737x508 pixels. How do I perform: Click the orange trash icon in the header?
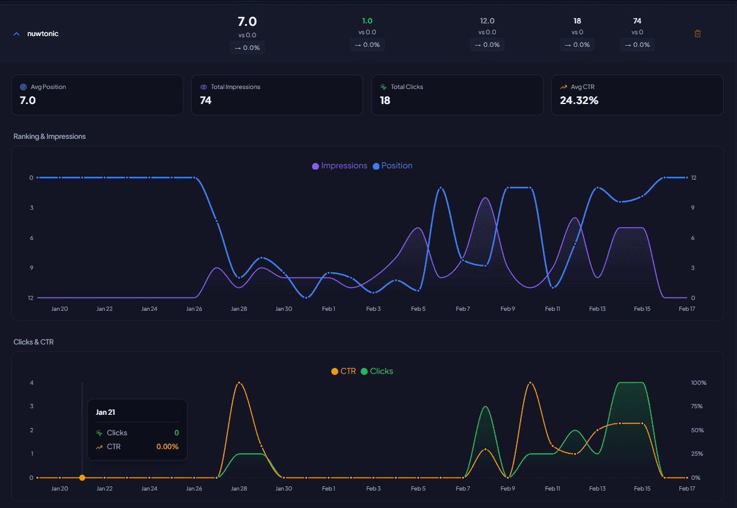pyautogui.click(x=697, y=34)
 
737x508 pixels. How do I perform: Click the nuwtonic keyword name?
pyautogui.click(x=43, y=34)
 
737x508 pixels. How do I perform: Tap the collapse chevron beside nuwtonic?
pyautogui.click(x=16, y=34)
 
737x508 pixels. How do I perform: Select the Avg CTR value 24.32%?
pyautogui.click(x=579, y=100)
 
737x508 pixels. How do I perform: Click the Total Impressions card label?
pyautogui.click(x=235, y=87)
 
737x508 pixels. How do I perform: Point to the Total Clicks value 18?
pyautogui.click(x=385, y=100)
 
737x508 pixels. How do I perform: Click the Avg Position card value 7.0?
pyautogui.click(x=28, y=100)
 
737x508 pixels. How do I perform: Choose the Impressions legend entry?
pyautogui.click(x=340, y=165)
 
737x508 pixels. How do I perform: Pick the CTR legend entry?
pyautogui.click(x=344, y=371)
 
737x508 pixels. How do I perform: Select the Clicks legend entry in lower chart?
pyautogui.click(x=377, y=371)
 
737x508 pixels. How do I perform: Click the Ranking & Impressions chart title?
pyautogui.click(x=49, y=136)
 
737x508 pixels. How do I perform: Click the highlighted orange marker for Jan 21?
pyautogui.click(x=82, y=478)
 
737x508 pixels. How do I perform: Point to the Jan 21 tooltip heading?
pyautogui.click(x=105, y=412)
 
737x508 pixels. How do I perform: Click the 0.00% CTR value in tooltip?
pyautogui.click(x=167, y=447)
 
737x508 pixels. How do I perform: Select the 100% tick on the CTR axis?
pyautogui.click(x=699, y=383)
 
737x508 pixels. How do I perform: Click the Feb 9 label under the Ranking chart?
pyautogui.click(x=508, y=308)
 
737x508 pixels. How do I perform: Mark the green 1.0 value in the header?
pyautogui.click(x=367, y=20)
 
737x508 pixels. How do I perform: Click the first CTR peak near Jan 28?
pyautogui.click(x=239, y=382)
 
